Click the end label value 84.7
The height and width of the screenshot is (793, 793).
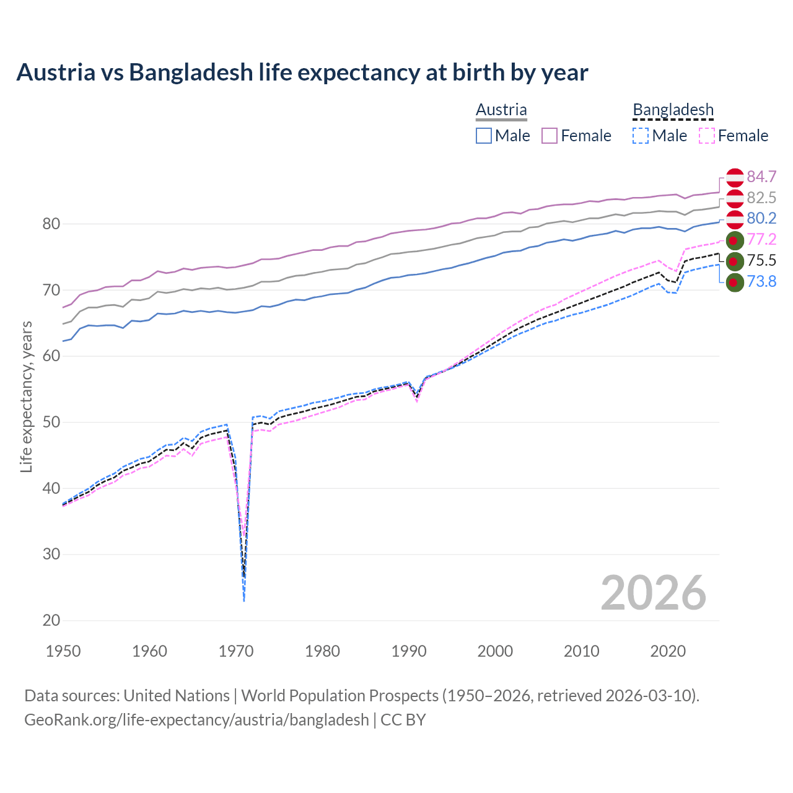pyautogui.click(x=761, y=177)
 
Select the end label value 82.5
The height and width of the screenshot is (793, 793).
pyautogui.click(x=761, y=198)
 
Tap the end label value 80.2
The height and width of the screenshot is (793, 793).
pyautogui.click(x=761, y=219)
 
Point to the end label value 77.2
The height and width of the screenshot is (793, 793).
pyautogui.click(x=761, y=240)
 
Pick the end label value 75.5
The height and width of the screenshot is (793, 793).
pyautogui.click(x=761, y=261)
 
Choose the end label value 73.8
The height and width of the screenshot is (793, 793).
pyautogui.click(x=761, y=282)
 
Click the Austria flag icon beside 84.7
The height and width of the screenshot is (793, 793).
pyautogui.click(x=735, y=177)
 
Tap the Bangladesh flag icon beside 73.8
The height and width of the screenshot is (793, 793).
pyautogui.click(x=735, y=282)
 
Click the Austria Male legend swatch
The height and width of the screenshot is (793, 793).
pyautogui.click(x=484, y=136)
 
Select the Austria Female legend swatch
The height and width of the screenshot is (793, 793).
pyautogui.click(x=550, y=136)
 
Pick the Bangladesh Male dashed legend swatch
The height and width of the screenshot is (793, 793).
pyautogui.click(x=641, y=136)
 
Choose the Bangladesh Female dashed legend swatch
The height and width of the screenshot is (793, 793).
pyautogui.click(x=707, y=136)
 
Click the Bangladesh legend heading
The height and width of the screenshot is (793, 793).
pyautogui.click(x=673, y=110)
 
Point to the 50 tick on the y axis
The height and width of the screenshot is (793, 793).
pyautogui.click(x=51, y=423)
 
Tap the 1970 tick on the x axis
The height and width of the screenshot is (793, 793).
pyautogui.click(x=236, y=651)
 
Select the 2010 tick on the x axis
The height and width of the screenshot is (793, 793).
pyautogui.click(x=581, y=651)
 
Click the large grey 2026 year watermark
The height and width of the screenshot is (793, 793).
pyautogui.click(x=653, y=593)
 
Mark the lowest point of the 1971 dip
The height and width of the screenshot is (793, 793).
pyautogui.click(x=244, y=601)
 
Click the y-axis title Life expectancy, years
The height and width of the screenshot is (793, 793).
pyautogui.click(x=27, y=396)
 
